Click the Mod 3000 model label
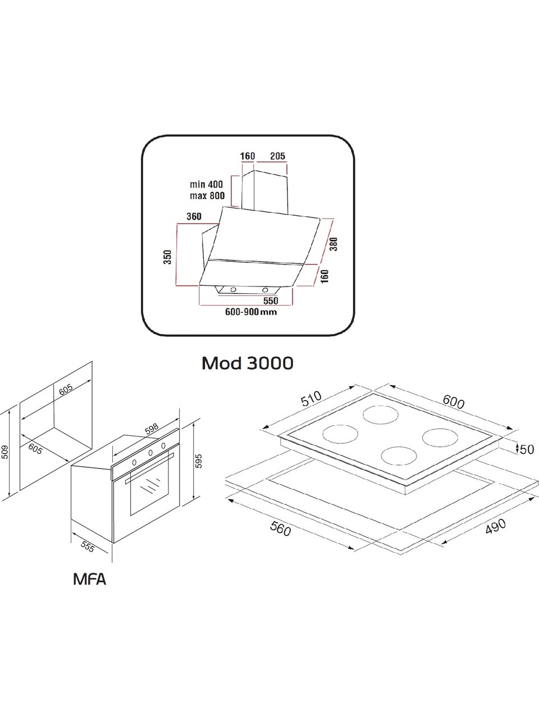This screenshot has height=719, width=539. tap(247, 363)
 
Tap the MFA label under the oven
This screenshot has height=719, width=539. tap(89, 579)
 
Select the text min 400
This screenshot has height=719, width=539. tap(206, 184)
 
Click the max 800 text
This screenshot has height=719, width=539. tap(206, 195)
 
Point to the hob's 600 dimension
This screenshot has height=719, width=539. tap(453, 402)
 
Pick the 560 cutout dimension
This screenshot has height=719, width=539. tap(279, 528)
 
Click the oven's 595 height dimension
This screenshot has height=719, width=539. tap(197, 460)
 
